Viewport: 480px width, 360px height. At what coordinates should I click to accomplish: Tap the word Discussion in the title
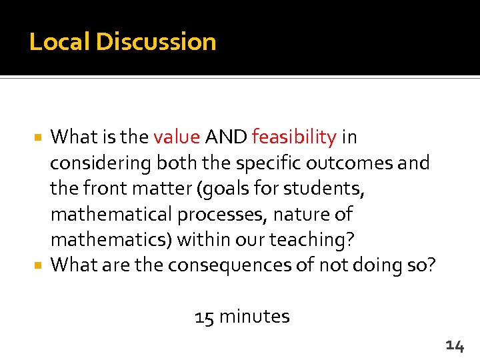[156, 42]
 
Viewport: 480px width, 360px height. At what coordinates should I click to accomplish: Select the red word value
[177, 137]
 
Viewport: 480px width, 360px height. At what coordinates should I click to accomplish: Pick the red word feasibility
[294, 137]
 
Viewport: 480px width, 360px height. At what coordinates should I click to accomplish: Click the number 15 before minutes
[204, 316]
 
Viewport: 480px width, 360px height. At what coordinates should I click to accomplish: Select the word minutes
[254, 316]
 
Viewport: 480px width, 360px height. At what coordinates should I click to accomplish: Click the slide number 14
[455, 345]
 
